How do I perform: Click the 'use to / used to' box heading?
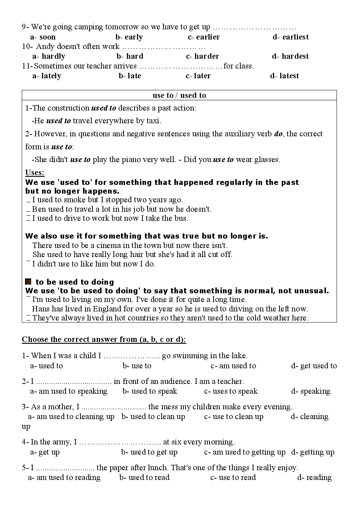[x=179, y=95]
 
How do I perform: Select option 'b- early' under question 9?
[x=129, y=37]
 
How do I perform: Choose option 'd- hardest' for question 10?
[x=290, y=56]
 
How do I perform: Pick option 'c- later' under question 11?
[x=198, y=76]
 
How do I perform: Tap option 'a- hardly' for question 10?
[x=49, y=56]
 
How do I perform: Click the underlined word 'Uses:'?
[x=35, y=173]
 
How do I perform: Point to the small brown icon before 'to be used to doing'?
[x=28, y=282]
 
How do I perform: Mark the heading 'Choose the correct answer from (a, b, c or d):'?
[x=104, y=339]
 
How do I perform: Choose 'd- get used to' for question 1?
[x=314, y=366]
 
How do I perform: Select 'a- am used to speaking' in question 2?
[x=69, y=391]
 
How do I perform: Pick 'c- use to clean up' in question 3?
[x=234, y=417]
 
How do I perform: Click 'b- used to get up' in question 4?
[x=149, y=452]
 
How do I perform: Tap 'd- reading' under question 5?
[x=314, y=477]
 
